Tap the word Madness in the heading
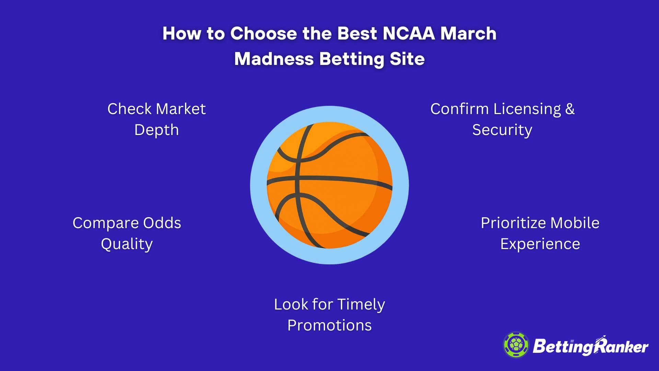pyautogui.click(x=274, y=59)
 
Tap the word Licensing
pyautogui.click(x=527, y=110)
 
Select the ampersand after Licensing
pyautogui.click(x=570, y=109)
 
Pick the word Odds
pyautogui.click(x=162, y=223)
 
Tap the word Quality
pyautogui.click(x=127, y=244)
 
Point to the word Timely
pyautogui.click(x=361, y=305)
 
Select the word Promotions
pyautogui.click(x=329, y=325)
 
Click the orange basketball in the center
pyautogui.click(x=329, y=185)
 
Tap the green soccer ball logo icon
pyautogui.click(x=516, y=345)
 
